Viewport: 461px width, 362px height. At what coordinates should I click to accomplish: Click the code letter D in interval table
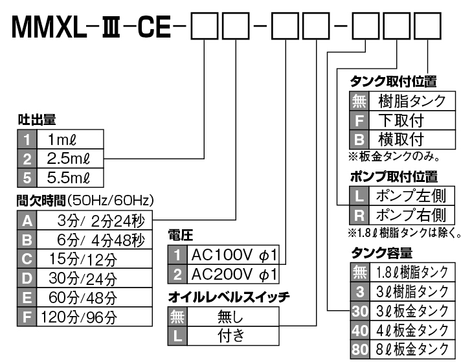point(27,279)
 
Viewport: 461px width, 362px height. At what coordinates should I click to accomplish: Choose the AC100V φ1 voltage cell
point(234,255)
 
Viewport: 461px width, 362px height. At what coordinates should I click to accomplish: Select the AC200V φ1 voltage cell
point(234,273)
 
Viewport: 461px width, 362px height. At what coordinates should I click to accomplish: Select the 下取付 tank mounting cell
point(408,120)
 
